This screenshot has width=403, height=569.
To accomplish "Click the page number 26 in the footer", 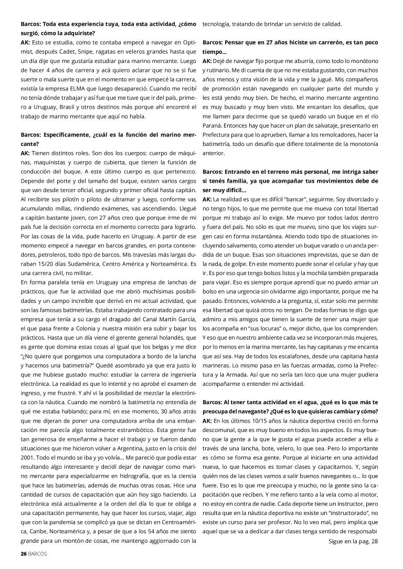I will coord(23,554).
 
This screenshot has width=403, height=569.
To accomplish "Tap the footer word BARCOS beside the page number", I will coord(37,554).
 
